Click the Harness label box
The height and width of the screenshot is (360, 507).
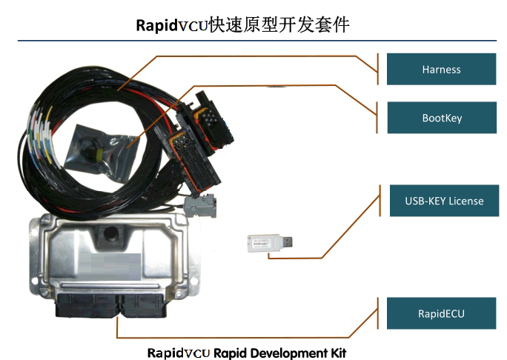click(441, 70)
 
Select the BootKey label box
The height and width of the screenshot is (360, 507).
click(441, 118)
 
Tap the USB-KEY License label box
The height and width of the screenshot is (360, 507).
click(444, 201)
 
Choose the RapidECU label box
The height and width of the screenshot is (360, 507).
click(441, 313)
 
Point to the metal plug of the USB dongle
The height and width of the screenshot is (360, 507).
click(290, 241)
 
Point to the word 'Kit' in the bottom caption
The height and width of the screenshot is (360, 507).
click(336, 352)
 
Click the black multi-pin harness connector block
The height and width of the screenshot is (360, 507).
click(194, 133)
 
